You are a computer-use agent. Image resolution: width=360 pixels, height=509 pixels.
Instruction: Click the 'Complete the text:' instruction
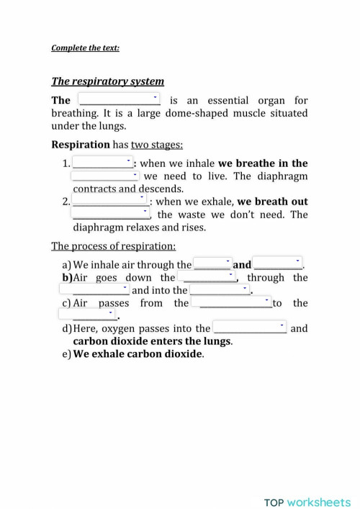[x=85, y=48]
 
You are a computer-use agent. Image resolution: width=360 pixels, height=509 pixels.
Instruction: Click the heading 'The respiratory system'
[x=107, y=81]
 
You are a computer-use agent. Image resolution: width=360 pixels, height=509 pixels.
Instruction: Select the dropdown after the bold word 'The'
[x=119, y=99]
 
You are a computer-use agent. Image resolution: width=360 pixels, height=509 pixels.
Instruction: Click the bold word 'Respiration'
[x=80, y=144]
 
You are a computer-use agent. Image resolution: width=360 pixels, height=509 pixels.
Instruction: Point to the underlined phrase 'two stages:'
[x=156, y=144]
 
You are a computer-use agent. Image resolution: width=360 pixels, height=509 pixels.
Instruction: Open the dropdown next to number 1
[x=103, y=163]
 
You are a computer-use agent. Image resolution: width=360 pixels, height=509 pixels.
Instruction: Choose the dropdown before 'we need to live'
[x=105, y=176]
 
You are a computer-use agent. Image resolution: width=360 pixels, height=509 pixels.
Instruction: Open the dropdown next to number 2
[x=111, y=201]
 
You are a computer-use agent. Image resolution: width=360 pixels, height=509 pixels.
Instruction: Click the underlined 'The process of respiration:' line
[x=113, y=246]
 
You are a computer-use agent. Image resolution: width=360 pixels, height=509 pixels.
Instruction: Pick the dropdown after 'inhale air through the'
[x=212, y=264]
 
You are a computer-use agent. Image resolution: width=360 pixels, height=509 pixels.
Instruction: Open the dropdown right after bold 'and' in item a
[x=278, y=264]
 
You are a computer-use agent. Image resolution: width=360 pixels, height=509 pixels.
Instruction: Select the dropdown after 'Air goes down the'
[x=209, y=277]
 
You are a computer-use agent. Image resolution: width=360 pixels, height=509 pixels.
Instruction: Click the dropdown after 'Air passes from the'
[x=231, y=303]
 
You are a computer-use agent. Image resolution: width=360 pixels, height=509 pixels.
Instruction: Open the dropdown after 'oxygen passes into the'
[x=250, y=328]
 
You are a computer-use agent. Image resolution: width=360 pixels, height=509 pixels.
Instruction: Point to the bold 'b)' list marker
[x=68, y=277]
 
